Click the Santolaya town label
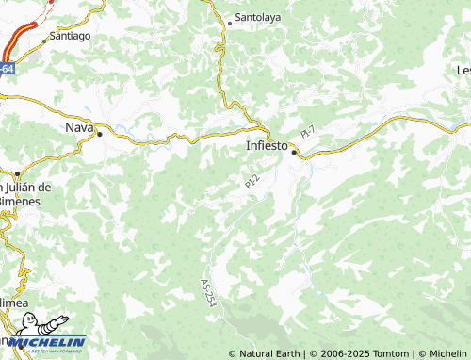257,17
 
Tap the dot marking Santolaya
230,23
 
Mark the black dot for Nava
100,135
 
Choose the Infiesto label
266,146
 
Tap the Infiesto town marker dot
294,153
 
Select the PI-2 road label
252,182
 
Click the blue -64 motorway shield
7,69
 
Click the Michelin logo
44,344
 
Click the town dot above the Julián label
17,173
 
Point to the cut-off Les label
463,70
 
